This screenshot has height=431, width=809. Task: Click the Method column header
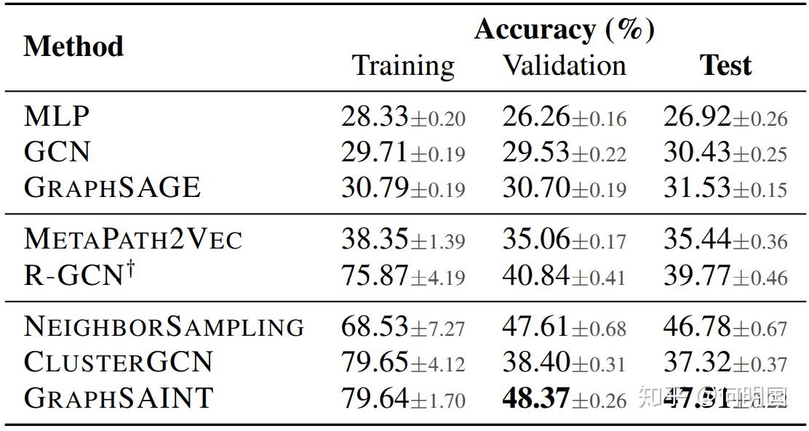tap(73, 47)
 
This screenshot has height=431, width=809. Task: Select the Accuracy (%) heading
tap(564, 29)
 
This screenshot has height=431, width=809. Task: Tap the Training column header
tap(403, 65)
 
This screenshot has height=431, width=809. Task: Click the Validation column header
tap(564, 65)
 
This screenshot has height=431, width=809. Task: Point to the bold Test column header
tap(725, 65)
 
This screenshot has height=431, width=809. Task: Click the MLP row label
tap(57, 116)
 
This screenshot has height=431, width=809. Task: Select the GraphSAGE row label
tap(111, 188)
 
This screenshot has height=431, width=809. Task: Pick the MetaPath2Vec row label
tap(132, 238)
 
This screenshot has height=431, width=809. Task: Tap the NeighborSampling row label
tap(164, 326)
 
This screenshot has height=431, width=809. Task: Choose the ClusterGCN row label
tap(118, 362)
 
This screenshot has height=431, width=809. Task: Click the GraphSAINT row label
tap(118, 398)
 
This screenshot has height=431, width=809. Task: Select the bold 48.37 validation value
tap(535, 398)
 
